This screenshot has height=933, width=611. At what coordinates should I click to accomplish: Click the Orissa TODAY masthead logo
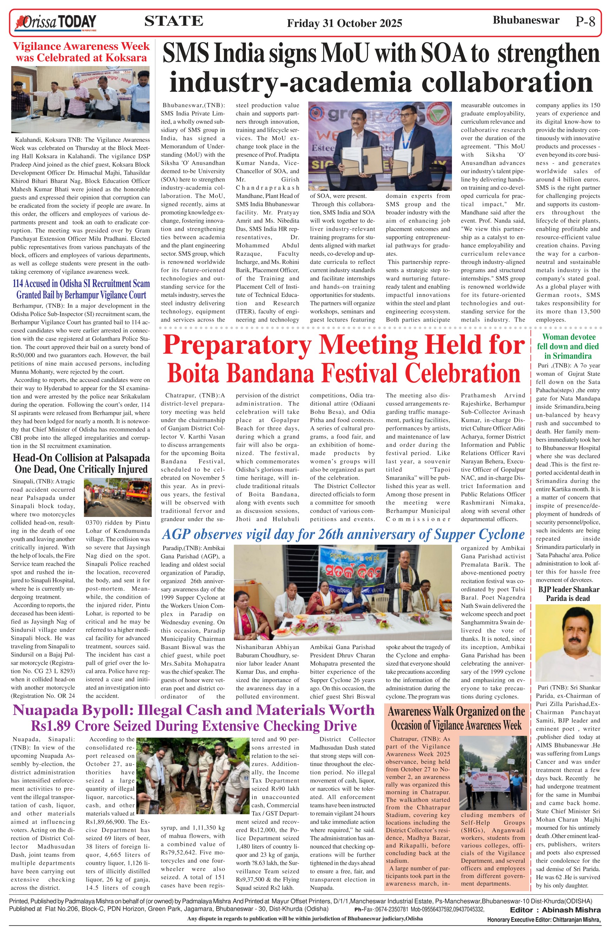(x=55, y=22)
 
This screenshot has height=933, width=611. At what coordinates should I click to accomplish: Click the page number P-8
(x=585, y=21)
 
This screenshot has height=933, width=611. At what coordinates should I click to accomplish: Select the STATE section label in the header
(x=173, y=21)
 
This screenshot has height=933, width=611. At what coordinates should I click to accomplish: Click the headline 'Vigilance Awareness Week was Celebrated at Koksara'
(x=81, y=52)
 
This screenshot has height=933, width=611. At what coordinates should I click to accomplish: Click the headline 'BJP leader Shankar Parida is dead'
(x=567, y=594)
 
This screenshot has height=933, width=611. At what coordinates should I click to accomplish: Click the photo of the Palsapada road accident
(x=118, y=497)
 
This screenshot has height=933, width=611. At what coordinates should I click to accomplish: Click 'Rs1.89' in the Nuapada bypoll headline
(x=51, y=726)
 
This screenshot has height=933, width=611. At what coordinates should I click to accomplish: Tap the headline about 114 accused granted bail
(x=81, y=289)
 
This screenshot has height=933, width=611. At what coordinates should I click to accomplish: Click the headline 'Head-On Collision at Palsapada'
(x=81, y=458)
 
